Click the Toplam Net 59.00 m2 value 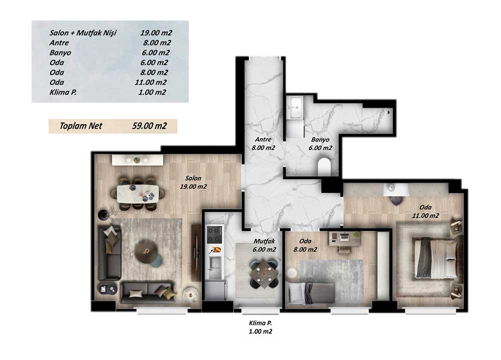[149, 126]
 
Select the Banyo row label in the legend [60, 53]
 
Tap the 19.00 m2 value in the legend [156, 33]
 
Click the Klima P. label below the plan [261, 323]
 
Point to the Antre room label [264, 139]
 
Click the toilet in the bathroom [324, 166]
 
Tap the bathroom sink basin [294, 108]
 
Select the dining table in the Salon [138, 194]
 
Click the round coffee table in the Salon [147, 251]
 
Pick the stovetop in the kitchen [214, 234]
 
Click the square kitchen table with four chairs [263, 273]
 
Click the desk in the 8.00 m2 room [345, 239]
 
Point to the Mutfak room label [264, 241]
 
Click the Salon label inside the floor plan [193, 178]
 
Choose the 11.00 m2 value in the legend [150, 82]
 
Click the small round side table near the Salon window [191, 293]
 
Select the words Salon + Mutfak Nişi [83, 33]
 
